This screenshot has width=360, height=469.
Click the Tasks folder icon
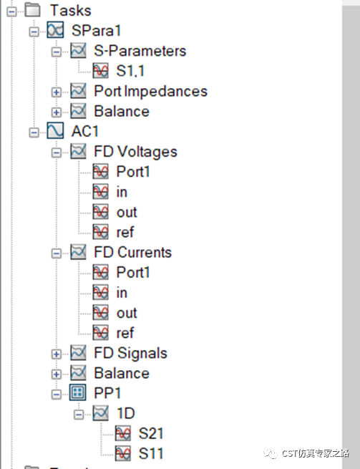pyautogui.click(x=33, y=10)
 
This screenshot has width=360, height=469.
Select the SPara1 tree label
pyautogui.click(x=96, y=31)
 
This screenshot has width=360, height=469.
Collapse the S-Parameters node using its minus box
pyautogui.click(x=57, y=52)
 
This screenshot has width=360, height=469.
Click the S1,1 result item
pyautogui.click(x=130, y=71)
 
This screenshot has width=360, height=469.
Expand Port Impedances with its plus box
pyautogui.click(x=57, y=92)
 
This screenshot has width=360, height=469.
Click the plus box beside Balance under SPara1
pyautogui.click(x=57, y=112)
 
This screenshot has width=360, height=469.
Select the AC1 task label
pyautogui.click(x=85, y=131)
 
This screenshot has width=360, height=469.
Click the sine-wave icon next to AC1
pyautogui.click(x=55, y=131)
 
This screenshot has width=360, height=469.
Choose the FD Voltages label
pyautogui.click(x=135, y=151)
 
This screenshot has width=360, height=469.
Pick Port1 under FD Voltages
pyautogui.click(x=132, y=172)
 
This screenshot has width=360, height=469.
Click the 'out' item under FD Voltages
pyautogui.click(x=127, y=213)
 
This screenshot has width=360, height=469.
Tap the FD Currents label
pyautogui.click(x=132, y=252)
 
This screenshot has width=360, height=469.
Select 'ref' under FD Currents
pyautogui.click(x=125, y=333)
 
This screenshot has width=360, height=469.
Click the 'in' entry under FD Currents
pyautogui.click(x=122, y=293)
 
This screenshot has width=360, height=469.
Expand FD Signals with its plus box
pyautogui.click(x=57, y=354)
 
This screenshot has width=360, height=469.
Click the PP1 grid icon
pyautogui.click(x=78, y=392)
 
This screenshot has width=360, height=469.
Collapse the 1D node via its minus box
pyautogui.click(x=79, y=415)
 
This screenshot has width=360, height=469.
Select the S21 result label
pyautogui.click(x=151, y=433)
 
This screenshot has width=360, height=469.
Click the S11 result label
pyautogui.click(x=151, y=453)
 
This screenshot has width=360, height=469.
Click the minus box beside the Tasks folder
pyautogui.click(x=11, y=11)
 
